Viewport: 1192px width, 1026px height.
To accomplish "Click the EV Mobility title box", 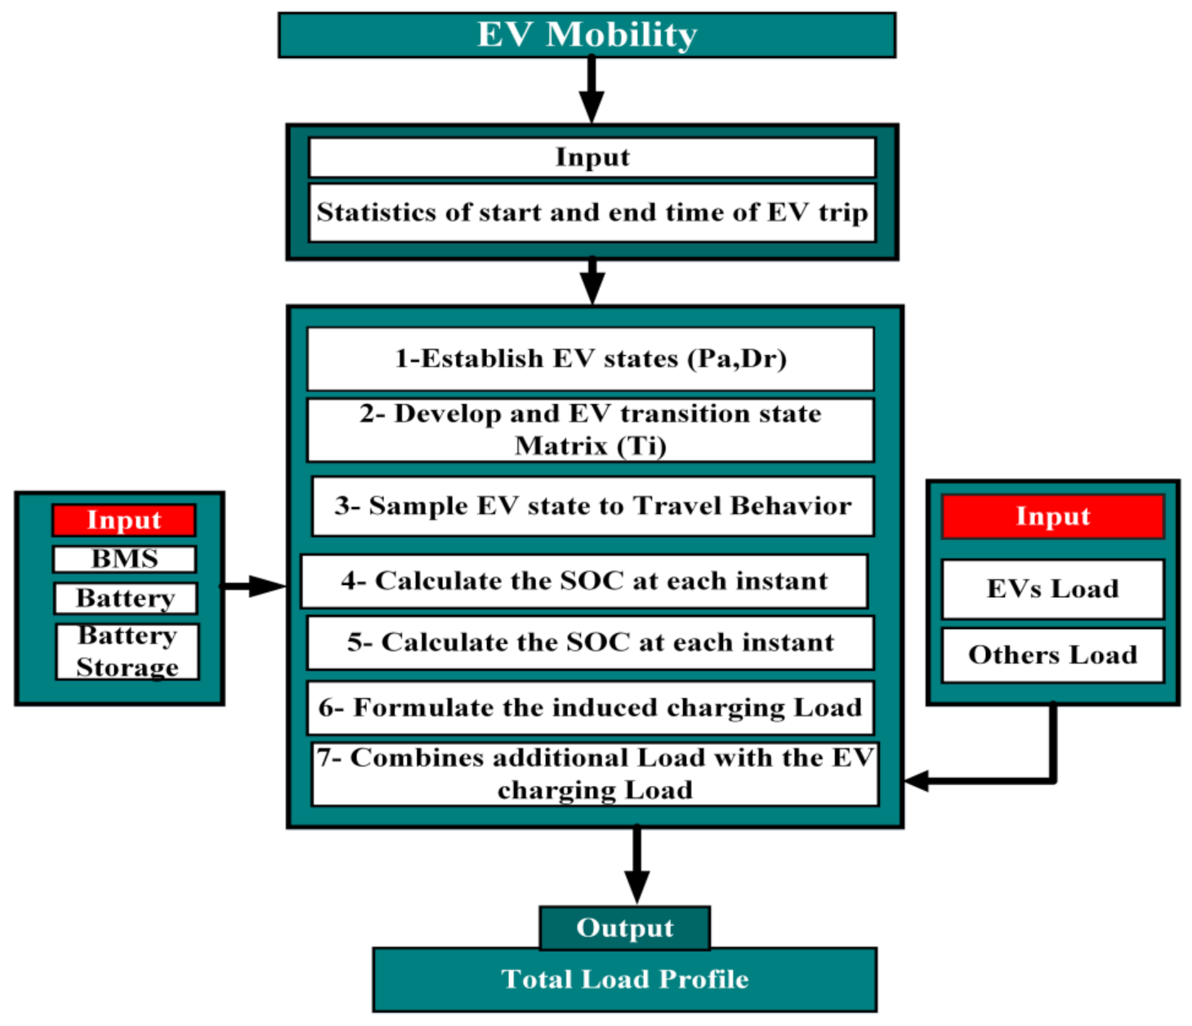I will (587, 35).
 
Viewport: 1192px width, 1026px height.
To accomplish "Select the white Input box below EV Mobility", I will (592, 157).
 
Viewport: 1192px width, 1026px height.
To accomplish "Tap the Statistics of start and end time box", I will (592, 212).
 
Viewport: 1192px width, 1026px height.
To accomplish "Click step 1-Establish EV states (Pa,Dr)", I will (590, 359).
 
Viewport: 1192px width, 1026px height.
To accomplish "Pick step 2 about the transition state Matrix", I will (590, 430).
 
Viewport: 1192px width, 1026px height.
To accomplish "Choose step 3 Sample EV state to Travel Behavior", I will (592, 506).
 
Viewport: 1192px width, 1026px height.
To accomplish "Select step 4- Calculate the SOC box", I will (584, 582).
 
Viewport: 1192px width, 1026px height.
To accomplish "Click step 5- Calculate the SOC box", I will (590, 643).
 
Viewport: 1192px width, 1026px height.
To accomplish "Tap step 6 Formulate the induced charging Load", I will (590, 707).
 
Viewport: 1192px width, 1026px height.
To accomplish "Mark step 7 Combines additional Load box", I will (594, 774).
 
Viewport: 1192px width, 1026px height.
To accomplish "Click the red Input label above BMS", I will (124, 520).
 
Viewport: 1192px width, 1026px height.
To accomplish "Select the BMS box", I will (124, 559).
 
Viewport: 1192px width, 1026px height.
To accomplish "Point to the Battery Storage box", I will (127, 652).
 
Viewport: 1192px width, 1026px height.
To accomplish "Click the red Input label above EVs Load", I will (1052, 516).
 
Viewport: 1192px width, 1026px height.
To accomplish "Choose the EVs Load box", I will (1052, 589).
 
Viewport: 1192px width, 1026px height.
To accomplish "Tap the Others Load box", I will (1052, 655).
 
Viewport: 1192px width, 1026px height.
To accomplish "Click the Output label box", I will (624, 928).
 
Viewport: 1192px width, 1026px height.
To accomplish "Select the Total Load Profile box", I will (624, 979).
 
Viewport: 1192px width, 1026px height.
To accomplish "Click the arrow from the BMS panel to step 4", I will (253, 586).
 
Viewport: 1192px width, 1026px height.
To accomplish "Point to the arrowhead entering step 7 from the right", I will (917, 781).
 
